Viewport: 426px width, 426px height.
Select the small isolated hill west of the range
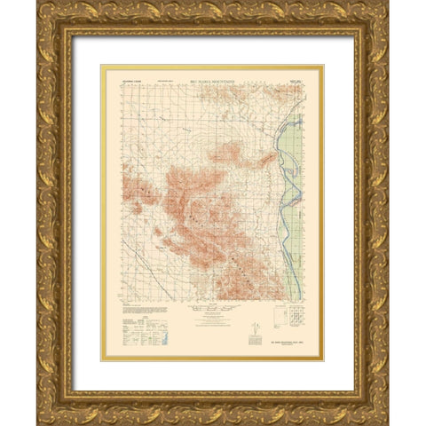coord(158,233)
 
